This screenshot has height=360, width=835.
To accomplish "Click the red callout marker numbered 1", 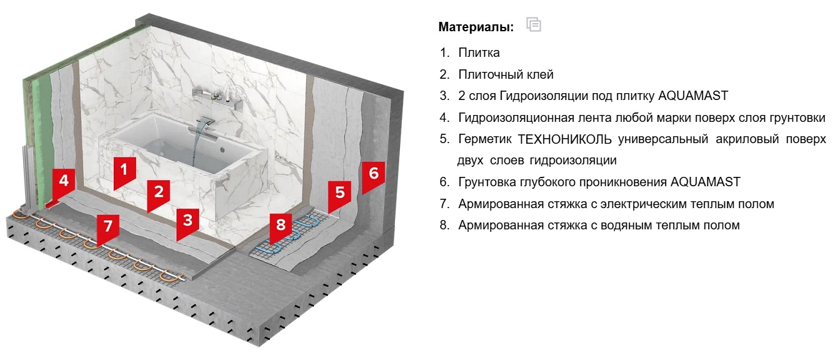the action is [124, 172].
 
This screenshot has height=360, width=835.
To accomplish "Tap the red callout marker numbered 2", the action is [159, 194].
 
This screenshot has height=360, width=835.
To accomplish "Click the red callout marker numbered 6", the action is [374, 176].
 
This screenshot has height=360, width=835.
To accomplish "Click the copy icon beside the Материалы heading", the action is [533, 24].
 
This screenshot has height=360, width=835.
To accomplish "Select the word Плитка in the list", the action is [479, 53].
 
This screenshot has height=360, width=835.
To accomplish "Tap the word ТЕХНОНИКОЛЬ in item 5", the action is [565, 139].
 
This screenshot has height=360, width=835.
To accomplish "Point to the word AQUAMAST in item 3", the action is [693, 96].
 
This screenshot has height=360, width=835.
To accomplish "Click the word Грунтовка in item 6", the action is [490, 182].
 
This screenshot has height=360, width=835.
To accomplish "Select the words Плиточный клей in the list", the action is [506, 74].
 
